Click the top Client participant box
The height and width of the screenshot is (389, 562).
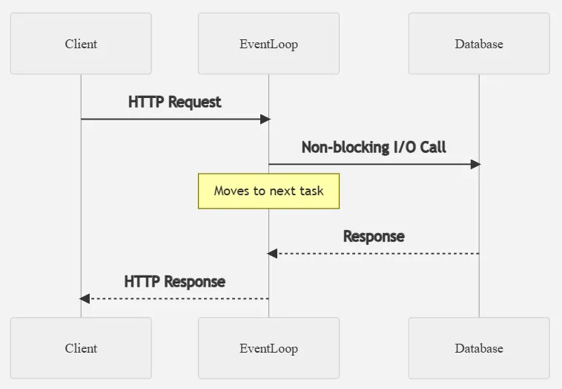(x=81, y=44)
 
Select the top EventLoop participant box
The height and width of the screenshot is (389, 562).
(x=268, y=44)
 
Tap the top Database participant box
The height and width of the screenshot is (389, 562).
(x=478, y=44)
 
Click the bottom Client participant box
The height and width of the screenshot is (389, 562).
(x=81, y=348)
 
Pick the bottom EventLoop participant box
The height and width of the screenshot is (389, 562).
(x=268, y=348)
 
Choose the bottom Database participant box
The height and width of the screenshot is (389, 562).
(x=478, y=348)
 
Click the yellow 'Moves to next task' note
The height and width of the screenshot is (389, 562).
(x=268, y=191)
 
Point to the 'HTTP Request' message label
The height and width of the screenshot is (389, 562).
(x=174, y=102)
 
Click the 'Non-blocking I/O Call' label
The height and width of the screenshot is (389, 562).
(x=374, y=147)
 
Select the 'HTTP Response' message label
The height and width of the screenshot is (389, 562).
(x=174, y=281)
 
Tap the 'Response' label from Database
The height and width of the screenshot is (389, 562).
(x=374, y=237)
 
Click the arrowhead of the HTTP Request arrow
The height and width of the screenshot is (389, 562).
(x=265, y=119)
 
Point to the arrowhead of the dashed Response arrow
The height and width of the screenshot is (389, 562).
(x=272, y=254)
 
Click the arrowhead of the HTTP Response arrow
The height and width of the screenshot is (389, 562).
(x=85, y=298)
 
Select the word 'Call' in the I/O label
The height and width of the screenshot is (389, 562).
(x=432, y=147)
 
